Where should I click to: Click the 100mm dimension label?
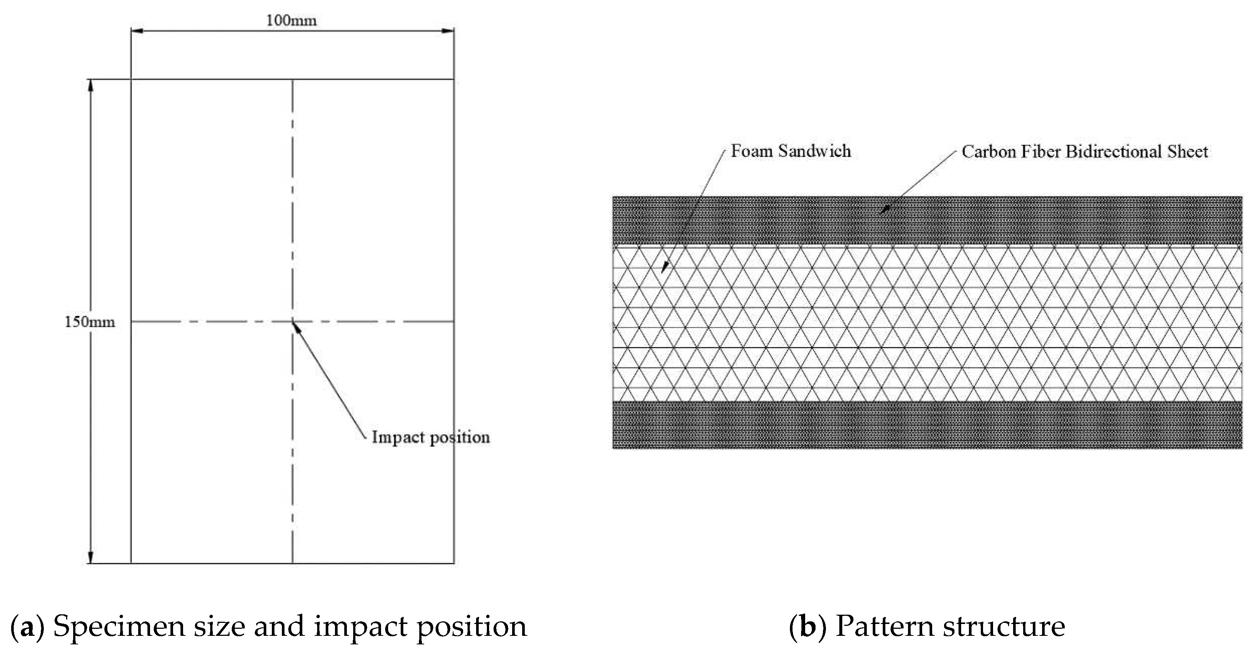click(291, 20)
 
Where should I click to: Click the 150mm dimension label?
click(90, 322)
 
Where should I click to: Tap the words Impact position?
click(430, 437)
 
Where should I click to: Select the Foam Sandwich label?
click(790, 151)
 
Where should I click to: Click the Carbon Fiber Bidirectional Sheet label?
click(1084, 151)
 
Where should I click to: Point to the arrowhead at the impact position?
click(296, 327)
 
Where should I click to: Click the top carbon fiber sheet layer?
click(926, 220)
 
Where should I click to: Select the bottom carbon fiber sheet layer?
click(926, 425)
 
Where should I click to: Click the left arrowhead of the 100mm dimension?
click(137, 31)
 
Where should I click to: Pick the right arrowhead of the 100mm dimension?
click(448, 31)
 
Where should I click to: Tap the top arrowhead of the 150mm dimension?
click(90, 85)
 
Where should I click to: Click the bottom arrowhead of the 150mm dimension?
click(90, 557)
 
